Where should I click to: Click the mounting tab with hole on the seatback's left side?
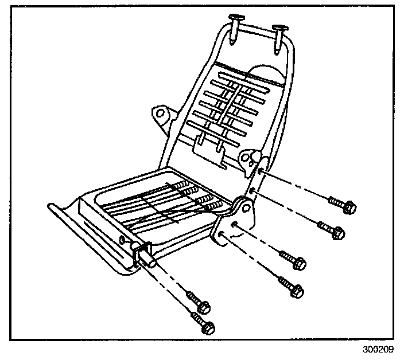click(x=161, y=115)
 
